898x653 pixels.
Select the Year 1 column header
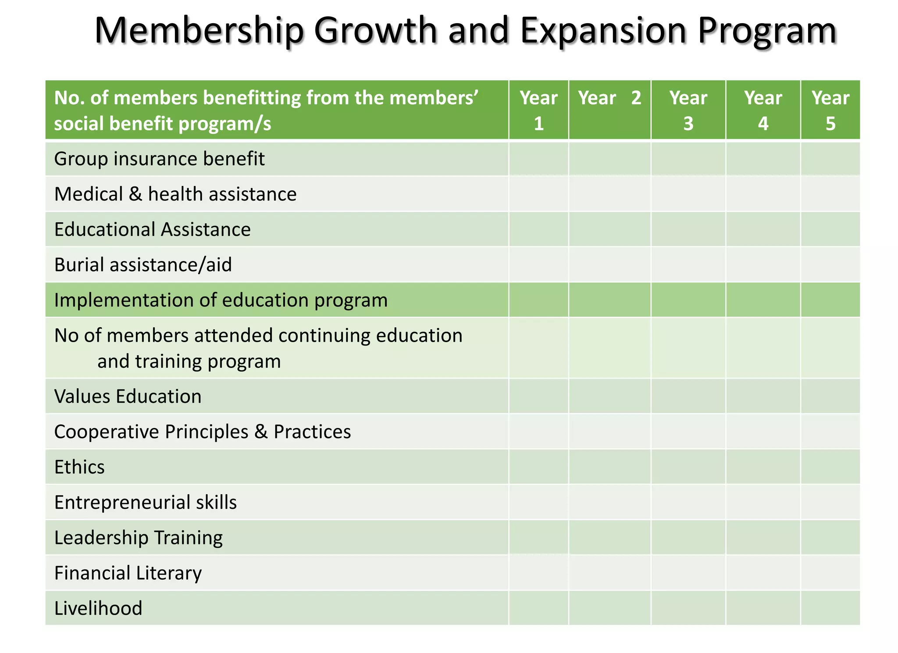538,110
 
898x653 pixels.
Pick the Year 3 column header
688,110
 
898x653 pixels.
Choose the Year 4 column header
763,110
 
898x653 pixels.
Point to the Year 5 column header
830,110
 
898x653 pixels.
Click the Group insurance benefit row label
159,159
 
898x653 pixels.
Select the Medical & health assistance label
175,194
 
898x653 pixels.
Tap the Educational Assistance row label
152,229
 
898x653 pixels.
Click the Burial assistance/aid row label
143,265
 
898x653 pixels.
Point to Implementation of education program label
221,300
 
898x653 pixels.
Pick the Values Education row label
128,396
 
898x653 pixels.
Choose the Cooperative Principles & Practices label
202,432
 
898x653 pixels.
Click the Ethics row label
79,467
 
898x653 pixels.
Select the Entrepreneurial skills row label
145,503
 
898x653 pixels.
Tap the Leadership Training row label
138,538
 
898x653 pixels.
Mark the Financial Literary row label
128,573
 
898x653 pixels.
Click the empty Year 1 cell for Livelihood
538,608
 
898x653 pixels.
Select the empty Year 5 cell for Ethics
830,467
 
